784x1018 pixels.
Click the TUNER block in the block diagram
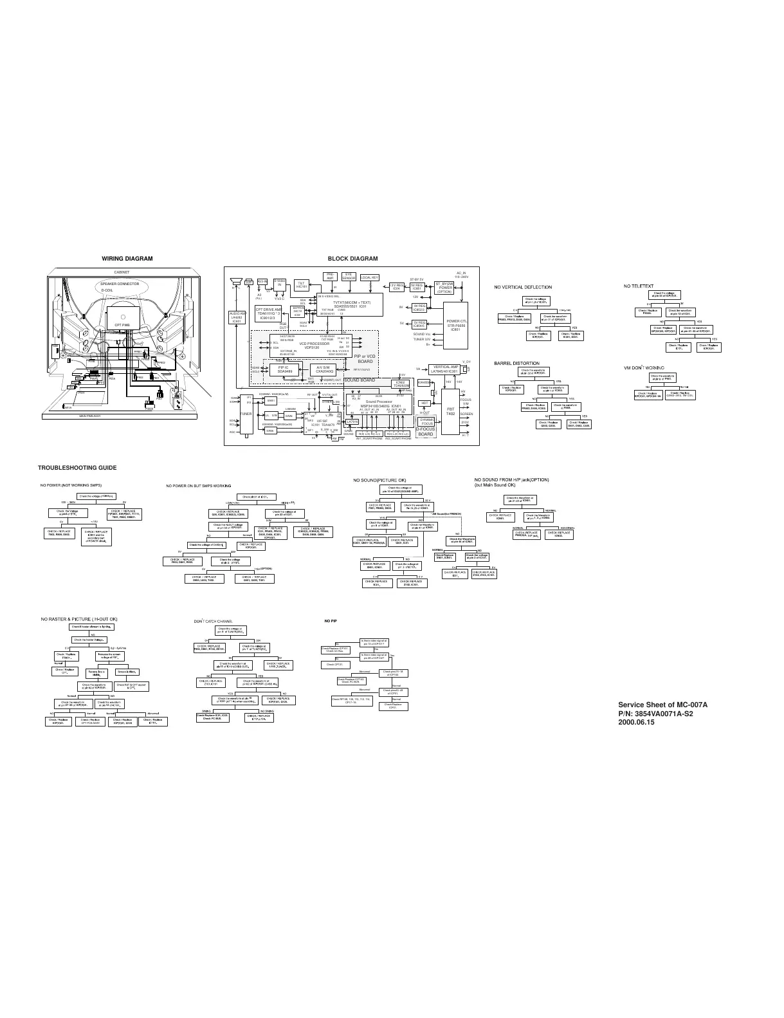[x=246, y=414]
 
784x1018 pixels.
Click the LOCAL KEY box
[x=370, y=278]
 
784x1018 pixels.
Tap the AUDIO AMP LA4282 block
[x=237, y=317]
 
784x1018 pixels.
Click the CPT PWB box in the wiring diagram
[x=122, y=325]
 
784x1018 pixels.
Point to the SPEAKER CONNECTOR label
[x=120, y=284]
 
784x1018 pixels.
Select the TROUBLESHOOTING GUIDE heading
[x=77, y=467]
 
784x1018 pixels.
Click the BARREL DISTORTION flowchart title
[x=516, y=363]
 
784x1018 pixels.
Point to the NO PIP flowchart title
[x=331, y=620]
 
